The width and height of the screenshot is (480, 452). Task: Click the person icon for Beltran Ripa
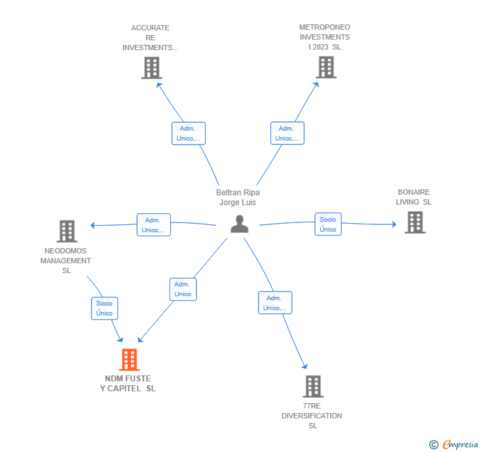pos(239,224)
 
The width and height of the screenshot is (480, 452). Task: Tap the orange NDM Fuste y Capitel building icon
pos(129,360)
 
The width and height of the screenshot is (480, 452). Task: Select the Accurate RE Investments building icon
pos(152,68)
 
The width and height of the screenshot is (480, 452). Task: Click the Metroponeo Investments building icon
pos(326,67)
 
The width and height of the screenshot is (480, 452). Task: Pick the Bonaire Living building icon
pos(415,222)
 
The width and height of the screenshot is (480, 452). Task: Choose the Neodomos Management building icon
pos(67,232)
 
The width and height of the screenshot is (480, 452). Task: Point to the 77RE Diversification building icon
pos(313,387)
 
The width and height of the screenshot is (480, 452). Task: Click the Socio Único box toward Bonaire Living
pos(328,224)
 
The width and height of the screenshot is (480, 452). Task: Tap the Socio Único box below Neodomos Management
pos(104,308)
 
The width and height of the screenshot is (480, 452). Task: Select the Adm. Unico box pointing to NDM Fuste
pos(183,289)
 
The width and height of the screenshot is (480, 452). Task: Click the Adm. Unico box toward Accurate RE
pos(189,133)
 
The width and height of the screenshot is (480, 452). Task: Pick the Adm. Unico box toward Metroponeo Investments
pos(287,133)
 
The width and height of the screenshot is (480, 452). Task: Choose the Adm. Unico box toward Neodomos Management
pos(153,225)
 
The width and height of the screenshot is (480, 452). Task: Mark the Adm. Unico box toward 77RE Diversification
pos(274,303)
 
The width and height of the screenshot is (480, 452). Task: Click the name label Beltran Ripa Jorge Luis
pos(238,197)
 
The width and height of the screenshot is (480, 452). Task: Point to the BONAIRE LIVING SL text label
pos(413,197)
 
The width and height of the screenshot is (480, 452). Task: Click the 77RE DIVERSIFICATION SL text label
pos(312,416)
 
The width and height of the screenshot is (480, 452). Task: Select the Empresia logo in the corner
pos(454,444)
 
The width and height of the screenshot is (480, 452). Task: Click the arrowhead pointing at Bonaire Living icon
pos(394,225)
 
